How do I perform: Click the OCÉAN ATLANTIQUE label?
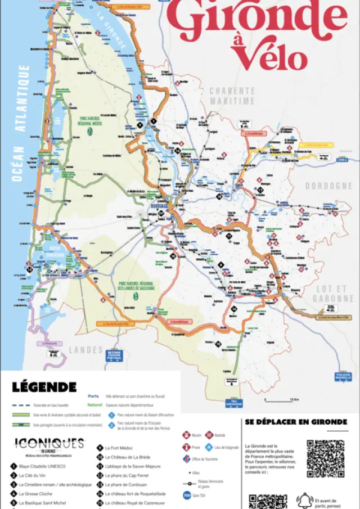(x=20, y=123)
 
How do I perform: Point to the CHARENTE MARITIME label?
(x=232, y=96)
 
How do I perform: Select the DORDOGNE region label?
(x=328, y=186)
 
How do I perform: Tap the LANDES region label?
(x=85, y=349)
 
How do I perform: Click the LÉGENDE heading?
(x=44, y=387)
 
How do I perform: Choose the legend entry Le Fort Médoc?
(x=120, y=448)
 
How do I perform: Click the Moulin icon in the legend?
(x=186, y=435)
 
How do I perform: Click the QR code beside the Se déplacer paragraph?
(x=325, y=459)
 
